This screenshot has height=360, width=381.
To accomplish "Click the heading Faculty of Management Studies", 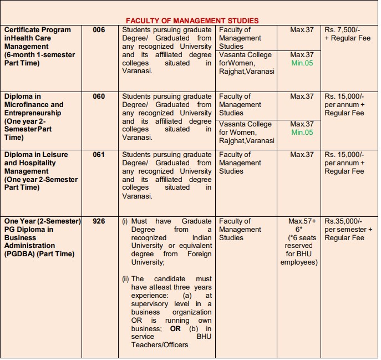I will pos(192,21).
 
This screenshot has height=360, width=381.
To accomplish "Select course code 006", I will pos(99,30).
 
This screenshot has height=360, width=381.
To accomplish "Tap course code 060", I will pos(99,97).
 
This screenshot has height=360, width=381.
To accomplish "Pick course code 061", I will pos(99,155).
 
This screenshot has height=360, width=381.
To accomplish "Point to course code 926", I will pos(99,221).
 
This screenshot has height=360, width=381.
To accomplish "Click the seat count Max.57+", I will pos(302,221).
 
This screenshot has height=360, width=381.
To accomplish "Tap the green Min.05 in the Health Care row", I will pos(302,63).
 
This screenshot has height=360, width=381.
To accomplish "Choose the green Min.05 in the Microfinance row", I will pos(302,133).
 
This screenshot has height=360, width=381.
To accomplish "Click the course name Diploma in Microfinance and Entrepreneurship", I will pos(34,105).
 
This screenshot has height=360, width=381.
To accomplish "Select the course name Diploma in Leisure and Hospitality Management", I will pos(39,163).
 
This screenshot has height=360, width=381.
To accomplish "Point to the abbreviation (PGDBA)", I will pos(20,254).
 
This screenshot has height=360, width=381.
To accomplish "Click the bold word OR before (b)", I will pos(175,329).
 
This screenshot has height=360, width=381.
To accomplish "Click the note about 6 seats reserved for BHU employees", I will pos(299,250).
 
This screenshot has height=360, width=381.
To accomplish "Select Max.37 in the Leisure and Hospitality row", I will pos(302,155).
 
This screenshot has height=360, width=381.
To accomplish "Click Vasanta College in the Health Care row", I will pos(245,55).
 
